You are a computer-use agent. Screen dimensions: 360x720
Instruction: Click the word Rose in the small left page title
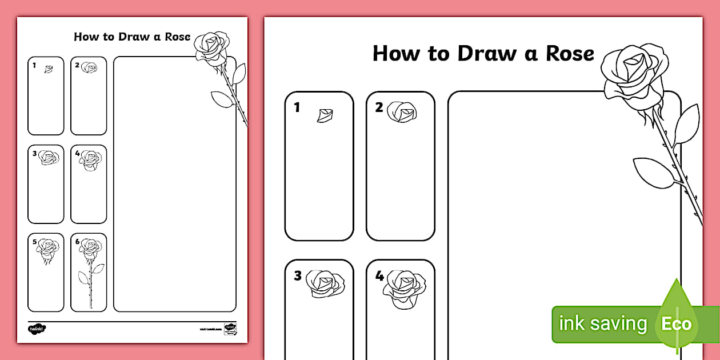(x=175, y=37)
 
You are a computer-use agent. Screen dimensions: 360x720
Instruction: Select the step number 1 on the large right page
(x=297, y=107)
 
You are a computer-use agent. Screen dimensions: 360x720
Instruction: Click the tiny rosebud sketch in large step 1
(x=325, y=115)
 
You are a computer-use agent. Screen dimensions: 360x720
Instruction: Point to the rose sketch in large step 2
(x=402, y=112)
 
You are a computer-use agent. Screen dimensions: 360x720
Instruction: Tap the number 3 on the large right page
(x=297, y=276)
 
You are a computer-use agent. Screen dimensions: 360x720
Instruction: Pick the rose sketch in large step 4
(x=405, y=287)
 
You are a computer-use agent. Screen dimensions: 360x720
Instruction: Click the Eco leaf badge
(x=677, y=325)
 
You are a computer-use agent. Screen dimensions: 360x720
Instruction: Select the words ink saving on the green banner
(x=602, y=324)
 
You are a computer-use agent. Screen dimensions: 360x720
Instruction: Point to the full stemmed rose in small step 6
(x=90, y=271)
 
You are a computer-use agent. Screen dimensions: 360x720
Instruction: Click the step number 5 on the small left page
(x=34, y=242)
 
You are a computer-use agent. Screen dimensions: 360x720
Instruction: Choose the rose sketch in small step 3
(x=49, y=158)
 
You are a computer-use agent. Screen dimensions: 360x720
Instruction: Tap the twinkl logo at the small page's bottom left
(x=37, y=329)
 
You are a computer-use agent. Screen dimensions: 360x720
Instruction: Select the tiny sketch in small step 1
(x=49, y=69)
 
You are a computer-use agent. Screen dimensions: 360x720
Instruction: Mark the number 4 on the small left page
(x=77, y=153)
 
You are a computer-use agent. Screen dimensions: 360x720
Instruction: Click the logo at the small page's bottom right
(x=230, y=329)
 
